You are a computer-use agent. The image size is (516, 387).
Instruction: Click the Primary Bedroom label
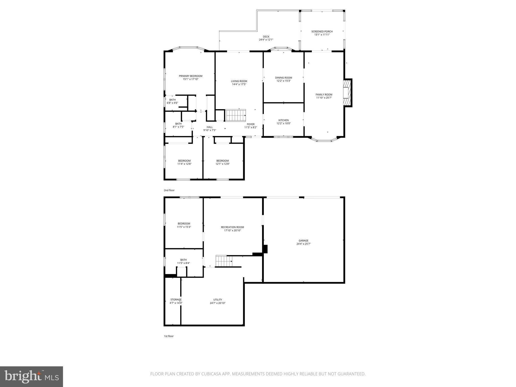(190, 76)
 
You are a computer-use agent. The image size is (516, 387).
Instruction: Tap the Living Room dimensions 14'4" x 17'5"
(239, 84)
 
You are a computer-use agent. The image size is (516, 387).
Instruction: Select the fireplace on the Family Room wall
(348, 93)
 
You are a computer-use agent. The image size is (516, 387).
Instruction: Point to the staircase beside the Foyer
(235, 115)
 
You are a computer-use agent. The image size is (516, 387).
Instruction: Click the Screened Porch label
(322, 31)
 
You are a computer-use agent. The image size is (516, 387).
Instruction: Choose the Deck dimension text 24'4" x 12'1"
(266, 40)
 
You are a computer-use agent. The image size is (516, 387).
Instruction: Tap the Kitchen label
(283, 120)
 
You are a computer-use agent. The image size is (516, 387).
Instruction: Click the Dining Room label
(283, 78)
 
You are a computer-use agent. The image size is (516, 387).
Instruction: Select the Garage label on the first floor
(303, 241)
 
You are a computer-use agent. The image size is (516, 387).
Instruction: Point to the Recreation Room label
(232, 227)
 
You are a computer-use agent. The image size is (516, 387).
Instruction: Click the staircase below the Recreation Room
(224, 261)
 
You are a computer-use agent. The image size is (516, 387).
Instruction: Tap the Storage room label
(176, 300)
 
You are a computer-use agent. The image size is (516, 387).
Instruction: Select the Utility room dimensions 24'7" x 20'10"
(217, 303)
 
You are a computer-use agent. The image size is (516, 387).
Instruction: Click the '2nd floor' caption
(169, 190)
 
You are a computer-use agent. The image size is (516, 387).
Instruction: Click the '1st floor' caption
(169, 336)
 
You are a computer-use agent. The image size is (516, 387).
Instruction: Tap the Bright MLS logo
(31, 377)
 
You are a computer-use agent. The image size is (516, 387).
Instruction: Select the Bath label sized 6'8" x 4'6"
(172, 100)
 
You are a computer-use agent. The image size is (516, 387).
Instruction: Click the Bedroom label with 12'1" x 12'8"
(222, 161)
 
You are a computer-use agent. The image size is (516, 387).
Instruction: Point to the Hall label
(209, 127)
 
